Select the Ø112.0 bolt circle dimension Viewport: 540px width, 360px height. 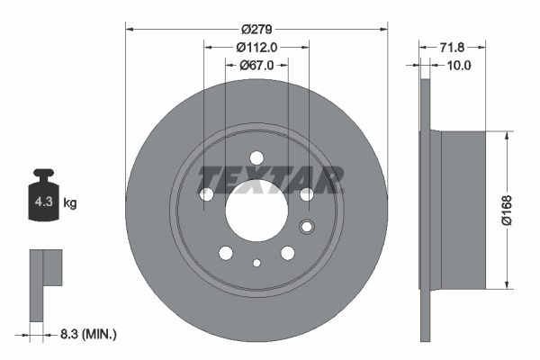tap(256, 47)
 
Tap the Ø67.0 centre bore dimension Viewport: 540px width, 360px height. tap(256, 65)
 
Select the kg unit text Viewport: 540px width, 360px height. tap(69, 203)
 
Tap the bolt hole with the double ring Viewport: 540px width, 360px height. tap(306, 227)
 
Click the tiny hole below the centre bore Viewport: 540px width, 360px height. tap(256, 264)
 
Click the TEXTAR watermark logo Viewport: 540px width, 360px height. tap(270, 178)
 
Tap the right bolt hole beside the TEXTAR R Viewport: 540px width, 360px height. tap(306, 194)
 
